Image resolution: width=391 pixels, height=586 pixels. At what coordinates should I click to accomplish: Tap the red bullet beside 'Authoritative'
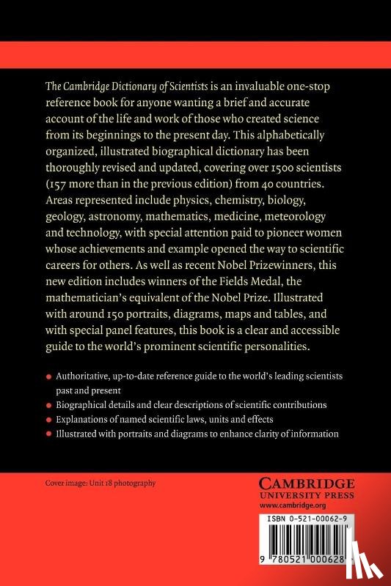click(48, 376)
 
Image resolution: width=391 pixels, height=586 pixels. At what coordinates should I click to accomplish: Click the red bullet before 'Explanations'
click(48, 420)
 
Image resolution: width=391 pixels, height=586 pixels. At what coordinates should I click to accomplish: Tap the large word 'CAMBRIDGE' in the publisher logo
click(308, 484)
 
